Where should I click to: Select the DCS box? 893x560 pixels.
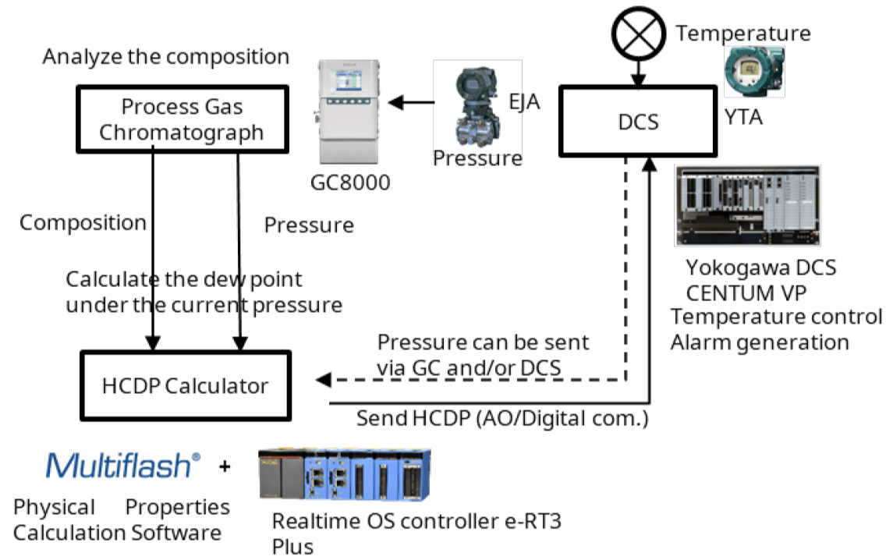pyautogui.click(x=637, y=120)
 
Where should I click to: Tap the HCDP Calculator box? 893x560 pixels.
pyautogui.click(x=186, y=385)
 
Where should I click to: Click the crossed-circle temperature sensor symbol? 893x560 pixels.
pyautogui.click(x=638, y=34)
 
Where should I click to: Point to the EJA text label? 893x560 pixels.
pyautogui.click(x=525, y=101)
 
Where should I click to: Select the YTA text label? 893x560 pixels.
pyautogui.click(x=744, y=118)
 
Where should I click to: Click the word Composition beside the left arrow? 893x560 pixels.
pyautogui.click(x=83, y=222)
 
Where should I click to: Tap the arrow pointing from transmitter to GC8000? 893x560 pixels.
pyautogui.click(x=410, y=101)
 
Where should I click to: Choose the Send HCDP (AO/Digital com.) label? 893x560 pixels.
pyautogui.click(x=502, y=418)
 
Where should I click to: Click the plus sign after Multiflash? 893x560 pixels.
pyautogui.click(x=225, y=467)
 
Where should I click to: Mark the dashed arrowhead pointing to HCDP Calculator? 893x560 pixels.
pyautogui.click(x=322, y=380)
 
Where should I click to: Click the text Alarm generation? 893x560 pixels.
pyautogui.click(x=759, y=342)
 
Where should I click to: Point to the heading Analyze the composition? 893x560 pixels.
pyautogui.click(x=165, y=57)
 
